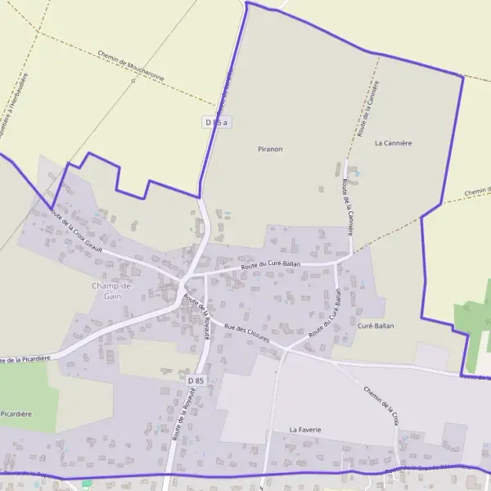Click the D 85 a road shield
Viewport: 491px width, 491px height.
pos(216,122)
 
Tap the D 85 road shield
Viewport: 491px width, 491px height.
pos(195,381)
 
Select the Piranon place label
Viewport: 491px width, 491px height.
pos(270,149)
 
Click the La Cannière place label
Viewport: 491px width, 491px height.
pos(393,142)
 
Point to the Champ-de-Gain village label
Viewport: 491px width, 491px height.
pos(112,291)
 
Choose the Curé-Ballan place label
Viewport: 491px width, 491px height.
pos(376,326)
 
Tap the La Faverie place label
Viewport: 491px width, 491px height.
pos(305,429)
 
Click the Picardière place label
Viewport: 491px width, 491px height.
pos(16,414)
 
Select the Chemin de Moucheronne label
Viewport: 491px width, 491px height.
pos(131,66)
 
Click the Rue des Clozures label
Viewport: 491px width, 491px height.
pos(246,335)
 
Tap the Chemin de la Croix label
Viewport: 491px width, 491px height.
pos(381,403)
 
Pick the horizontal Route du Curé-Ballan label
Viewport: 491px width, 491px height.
pos(271,264)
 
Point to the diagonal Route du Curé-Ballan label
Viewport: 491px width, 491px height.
pos(324,318)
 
